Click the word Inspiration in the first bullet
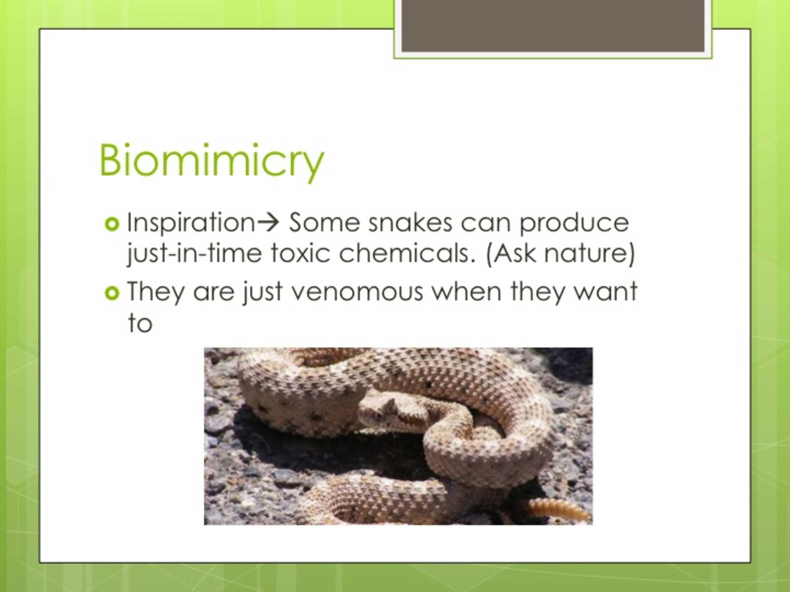(x=191, y=223)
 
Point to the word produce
(x=574, y=223)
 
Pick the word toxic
(x=301, y=253)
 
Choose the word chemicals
(x=406, y=253)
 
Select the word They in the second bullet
(x=156, y=292)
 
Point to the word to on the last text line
(x=140, y=323)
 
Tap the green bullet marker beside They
(x=112, y=293)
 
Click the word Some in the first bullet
(x=324, y=223)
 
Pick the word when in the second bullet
(x=466, y=292)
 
